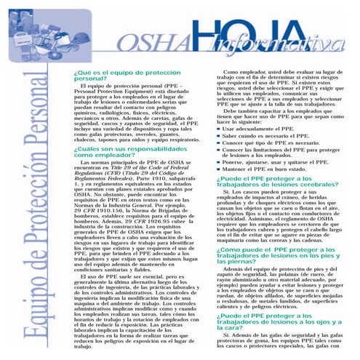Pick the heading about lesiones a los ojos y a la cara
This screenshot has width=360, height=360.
pos(277,320)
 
